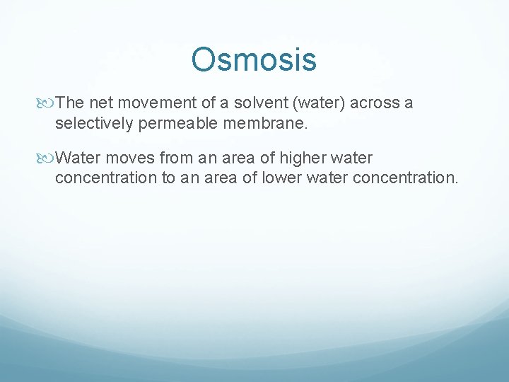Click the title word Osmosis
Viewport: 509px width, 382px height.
tap(254, 59)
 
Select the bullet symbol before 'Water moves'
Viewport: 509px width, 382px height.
tap(48, 158)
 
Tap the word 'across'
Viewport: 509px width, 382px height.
tap(375, 103)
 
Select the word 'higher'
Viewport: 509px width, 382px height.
tap(305, 157)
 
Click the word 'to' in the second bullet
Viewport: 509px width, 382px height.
tap(168, 177)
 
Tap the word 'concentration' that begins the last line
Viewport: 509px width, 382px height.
tap(106, 177)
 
